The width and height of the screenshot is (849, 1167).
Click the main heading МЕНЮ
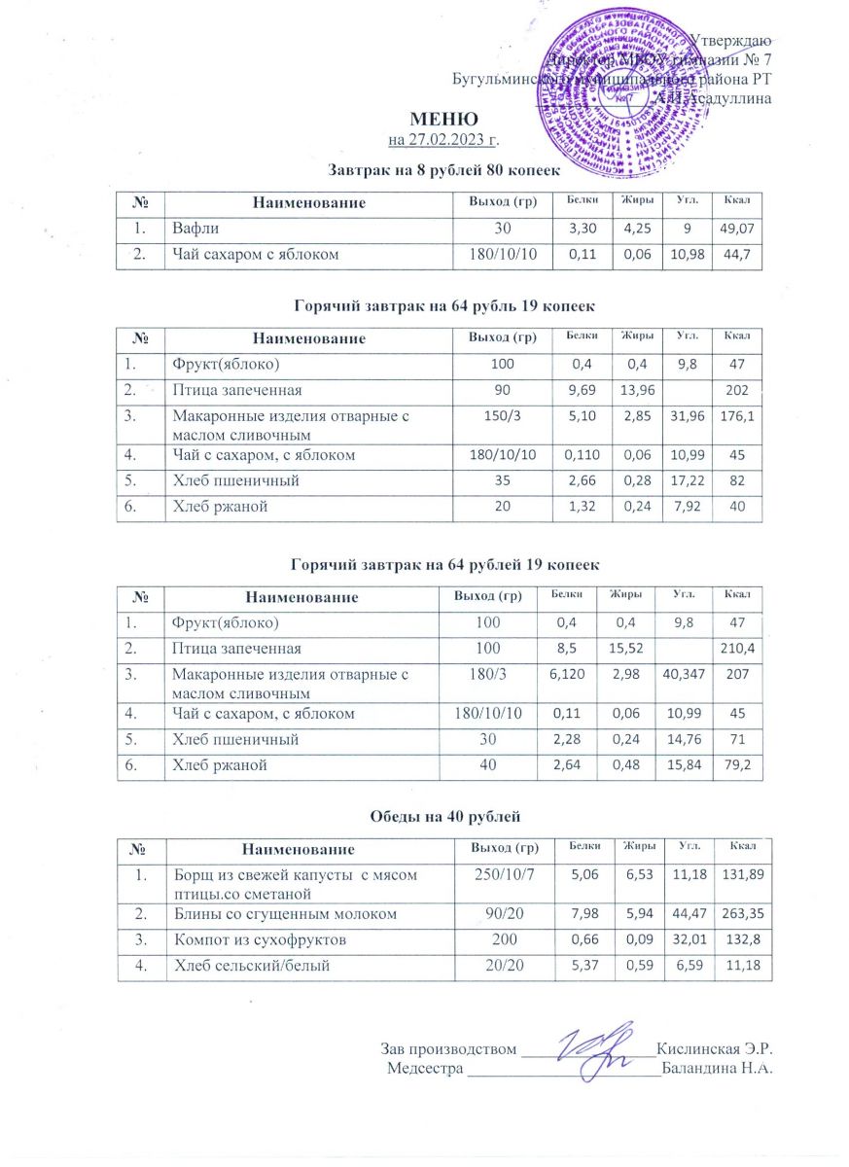click(424, 120)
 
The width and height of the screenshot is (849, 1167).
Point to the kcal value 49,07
click(738, 230)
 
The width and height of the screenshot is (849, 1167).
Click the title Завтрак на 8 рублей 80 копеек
click(425, 170)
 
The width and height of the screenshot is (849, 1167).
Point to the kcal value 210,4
click(738, 648)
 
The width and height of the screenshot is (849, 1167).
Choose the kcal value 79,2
click(738, 766)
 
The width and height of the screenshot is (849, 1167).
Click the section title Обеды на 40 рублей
click(425, 812)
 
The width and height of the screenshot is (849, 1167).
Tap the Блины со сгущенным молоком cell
click(263, 913)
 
